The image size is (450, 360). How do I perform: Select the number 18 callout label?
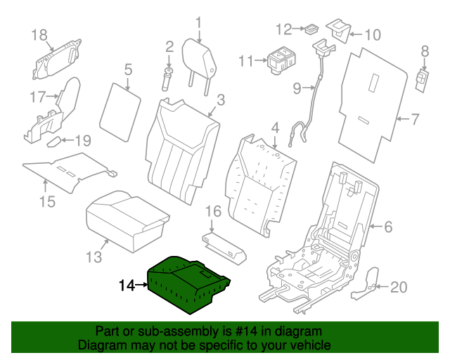click(x=39, y=34)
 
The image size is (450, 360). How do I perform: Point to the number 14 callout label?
click(x=127, y=285)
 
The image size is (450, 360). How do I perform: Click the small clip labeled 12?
click(x=309, y=30)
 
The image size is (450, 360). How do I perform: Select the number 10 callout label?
click(x=372, y=34)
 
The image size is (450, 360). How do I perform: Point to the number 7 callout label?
click(x=414, y=120)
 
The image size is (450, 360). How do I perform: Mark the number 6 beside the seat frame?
click(x=387, y=226)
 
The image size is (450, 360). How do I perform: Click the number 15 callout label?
click(x=46, y=204)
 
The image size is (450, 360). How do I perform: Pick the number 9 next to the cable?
click(x=297, y=88)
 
